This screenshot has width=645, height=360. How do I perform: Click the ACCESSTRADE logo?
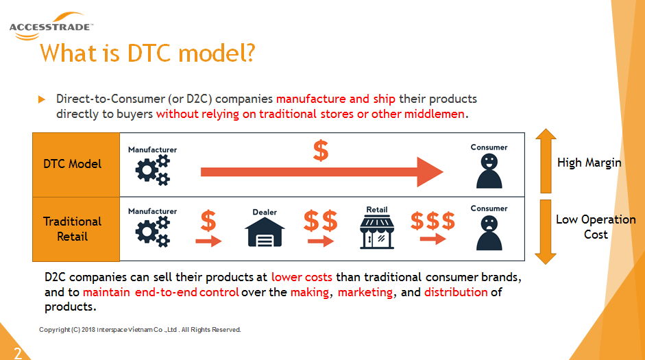pos(51,26)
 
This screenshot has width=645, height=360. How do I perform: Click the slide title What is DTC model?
pos(147,53)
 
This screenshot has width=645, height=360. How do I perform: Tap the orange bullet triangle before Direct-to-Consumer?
pos(42,99)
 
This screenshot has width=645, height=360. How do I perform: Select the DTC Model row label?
pos(73,164)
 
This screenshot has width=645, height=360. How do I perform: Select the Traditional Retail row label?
pos(73,229)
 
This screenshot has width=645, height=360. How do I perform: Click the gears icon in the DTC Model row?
pos(153,170)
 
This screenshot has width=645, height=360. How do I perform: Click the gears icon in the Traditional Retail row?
pos(153,232)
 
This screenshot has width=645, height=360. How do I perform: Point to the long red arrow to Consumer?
pos(322,172)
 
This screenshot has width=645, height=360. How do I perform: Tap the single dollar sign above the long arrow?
pos(320,150)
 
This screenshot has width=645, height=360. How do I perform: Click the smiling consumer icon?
pos(489,171)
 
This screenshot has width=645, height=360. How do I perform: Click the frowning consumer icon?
pos(489,233)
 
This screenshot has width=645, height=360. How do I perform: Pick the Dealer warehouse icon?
pos(265,232)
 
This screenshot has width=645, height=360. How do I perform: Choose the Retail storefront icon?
pos(377,232)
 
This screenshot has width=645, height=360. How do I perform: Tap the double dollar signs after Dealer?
pos(320,221)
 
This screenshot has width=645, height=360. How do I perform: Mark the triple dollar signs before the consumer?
pos(433,221)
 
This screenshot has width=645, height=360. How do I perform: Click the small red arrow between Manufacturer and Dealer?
pos(208,241)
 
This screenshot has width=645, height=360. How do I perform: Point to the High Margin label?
pos(589,163)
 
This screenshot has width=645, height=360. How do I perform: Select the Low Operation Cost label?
pos(596,227)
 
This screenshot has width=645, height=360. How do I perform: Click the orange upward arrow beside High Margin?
pos(546,161)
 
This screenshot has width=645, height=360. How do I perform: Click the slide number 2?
pos(18,353)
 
